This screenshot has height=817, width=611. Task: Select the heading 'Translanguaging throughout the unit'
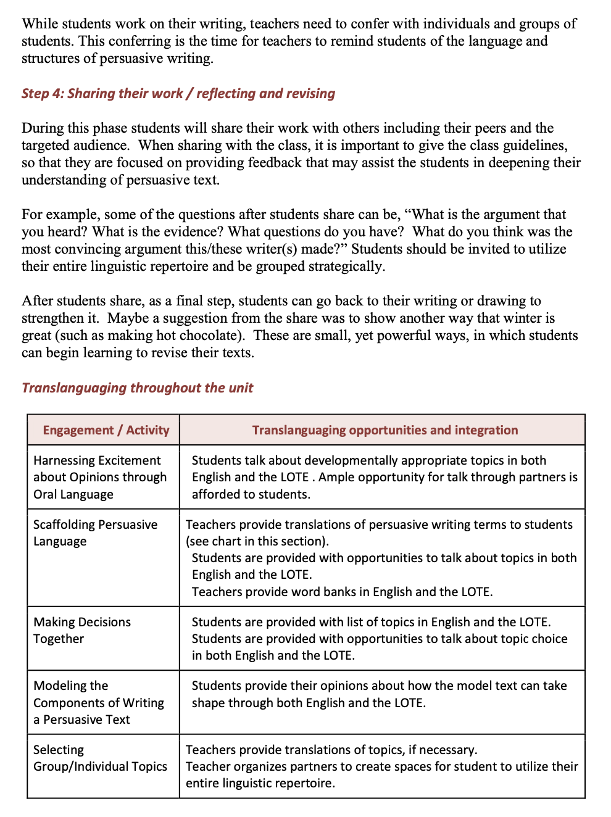(x=137, y=388)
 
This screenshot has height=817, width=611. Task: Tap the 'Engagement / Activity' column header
(x=106, y=430)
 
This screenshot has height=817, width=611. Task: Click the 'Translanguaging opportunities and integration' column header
(x=384, y=430)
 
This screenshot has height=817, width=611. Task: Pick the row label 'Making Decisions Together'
(x=82, y=630)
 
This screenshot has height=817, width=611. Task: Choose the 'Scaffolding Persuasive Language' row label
(x=95, y=533)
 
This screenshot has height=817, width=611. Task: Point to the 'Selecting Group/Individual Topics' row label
(x=100, y=758)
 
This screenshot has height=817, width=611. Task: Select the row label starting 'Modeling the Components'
(x=98, y=702)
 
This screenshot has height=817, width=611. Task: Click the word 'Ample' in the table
(x=337, y=477)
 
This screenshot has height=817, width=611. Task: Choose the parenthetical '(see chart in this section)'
(x=257, y=541)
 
